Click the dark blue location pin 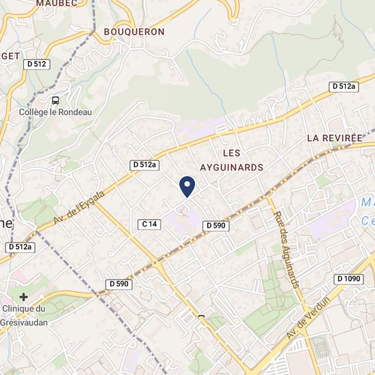[x=187, y=185]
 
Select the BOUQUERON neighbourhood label [x=134, y=31]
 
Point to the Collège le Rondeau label [x=56, y=112]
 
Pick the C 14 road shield [x=149, y=224]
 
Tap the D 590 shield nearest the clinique [x=119, y=283]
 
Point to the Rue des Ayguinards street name [x=286, y=249]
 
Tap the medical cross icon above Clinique [x=25, y=297]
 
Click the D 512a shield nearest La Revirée [x=344, y=86]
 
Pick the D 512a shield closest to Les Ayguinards [x=145, y=164]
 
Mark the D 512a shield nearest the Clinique [x=19, y=246]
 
